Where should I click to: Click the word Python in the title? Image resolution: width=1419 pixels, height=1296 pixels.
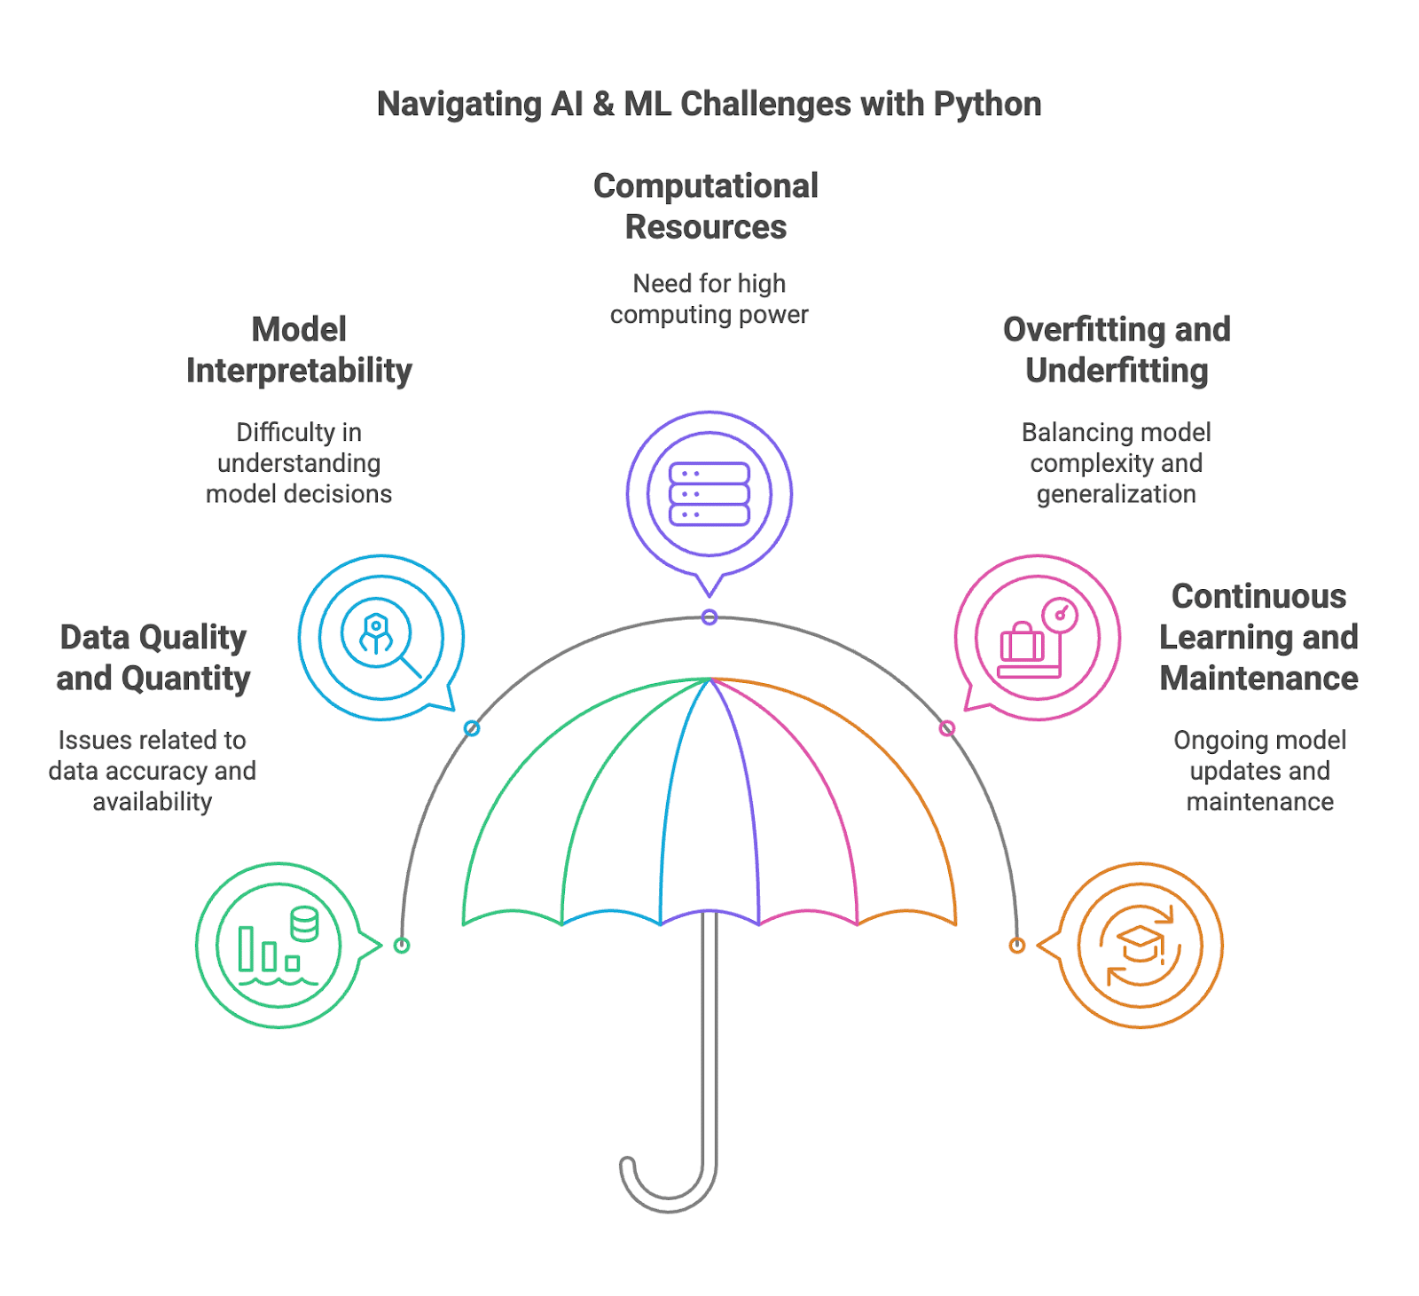[x=987, y=105]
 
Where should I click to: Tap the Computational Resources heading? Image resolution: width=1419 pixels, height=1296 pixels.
[x=706, y=206]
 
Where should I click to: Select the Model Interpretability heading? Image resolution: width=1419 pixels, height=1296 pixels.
[x=299, y=350]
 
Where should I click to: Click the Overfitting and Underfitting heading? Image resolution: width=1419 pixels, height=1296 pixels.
[x=1117, y=350]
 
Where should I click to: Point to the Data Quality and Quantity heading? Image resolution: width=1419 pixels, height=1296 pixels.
[x=153, y=657]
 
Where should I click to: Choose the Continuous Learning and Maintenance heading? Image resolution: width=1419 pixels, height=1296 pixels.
[x=1258, y=637]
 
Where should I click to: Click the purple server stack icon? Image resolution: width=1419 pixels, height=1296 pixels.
[x=709, y=494]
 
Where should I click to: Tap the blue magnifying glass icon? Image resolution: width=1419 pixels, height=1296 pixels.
[x=380, y=637]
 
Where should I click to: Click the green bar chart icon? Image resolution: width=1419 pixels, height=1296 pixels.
[x=278, y=945]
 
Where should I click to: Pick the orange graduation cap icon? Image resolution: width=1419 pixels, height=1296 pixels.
[x=1141, y=945]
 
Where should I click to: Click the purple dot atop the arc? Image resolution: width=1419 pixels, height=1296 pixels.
[x=709, y=617]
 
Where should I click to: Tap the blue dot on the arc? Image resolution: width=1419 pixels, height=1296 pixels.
[x=472, y=728]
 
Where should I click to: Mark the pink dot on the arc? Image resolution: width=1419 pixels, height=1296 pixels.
[x=947, y=728]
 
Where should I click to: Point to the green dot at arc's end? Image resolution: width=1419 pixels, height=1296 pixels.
[x=402, y=945]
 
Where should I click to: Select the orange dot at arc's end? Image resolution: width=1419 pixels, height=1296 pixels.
[x=1017, y=945]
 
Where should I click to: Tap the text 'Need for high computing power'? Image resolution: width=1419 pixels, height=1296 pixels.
[x=709, y=299]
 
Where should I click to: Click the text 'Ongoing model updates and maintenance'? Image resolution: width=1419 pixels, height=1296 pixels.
[x=1259, y=770]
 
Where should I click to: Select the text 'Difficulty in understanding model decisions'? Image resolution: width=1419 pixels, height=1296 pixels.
[x=299, y=462]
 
